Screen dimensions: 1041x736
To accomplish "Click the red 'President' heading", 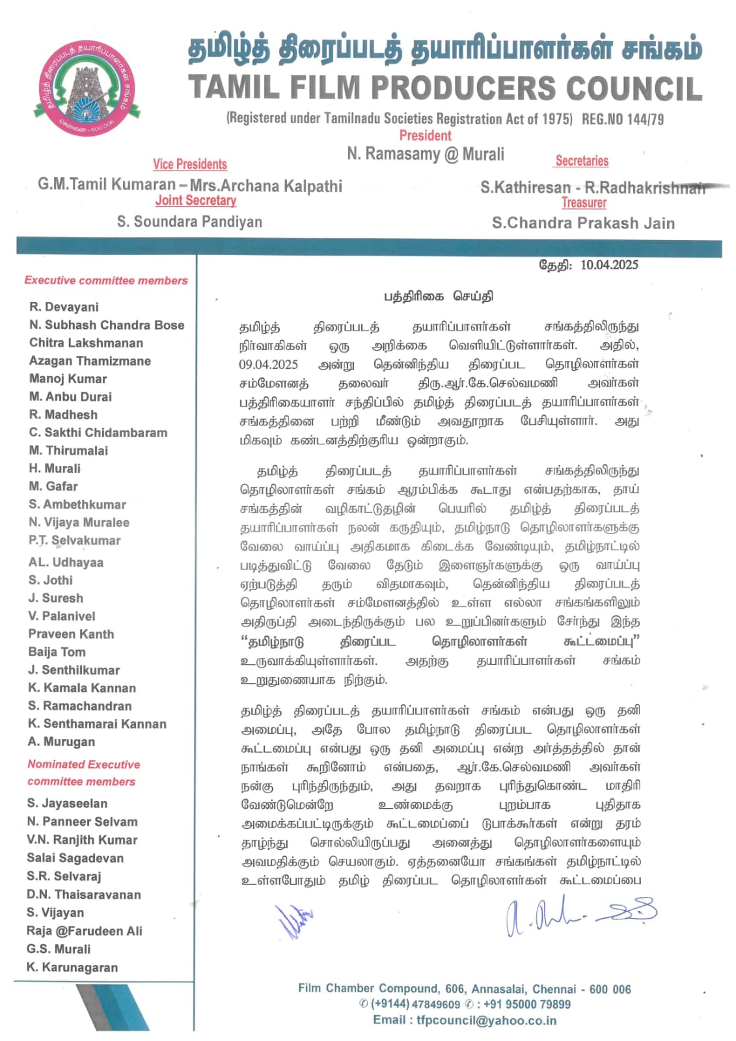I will (x=425, y=135).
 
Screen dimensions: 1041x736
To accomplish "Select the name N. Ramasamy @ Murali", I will (x=426, y=154).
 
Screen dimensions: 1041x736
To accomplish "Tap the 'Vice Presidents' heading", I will (x=190, y=164).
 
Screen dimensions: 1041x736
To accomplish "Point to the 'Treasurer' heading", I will (x=584, y=203).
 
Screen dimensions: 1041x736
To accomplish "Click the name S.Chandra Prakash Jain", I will (x=583, y=223).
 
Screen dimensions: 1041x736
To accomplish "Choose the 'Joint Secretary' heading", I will (x=196, y=200).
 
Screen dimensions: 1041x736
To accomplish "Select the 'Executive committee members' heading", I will (x=106, y=280).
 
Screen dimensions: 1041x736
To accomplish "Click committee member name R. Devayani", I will (x=64, y=307).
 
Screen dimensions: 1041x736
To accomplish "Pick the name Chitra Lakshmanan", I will (x=86, y=343).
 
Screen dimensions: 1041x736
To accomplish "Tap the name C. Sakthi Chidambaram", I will (x=98, y=433).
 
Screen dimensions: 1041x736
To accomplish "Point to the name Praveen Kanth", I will (x=71, y=634).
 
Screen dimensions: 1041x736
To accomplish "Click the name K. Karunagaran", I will (x=72, y=967).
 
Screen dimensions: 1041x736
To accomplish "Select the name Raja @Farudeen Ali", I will (x=85, y=931).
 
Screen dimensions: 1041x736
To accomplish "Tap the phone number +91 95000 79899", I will (x=527, y=1005).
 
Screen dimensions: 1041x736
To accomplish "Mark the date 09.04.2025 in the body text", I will (x=268, y=364).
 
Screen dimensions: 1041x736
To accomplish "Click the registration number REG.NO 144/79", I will (x=623, y=119).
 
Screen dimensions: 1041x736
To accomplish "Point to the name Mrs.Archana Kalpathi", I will (x=266, y=185).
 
